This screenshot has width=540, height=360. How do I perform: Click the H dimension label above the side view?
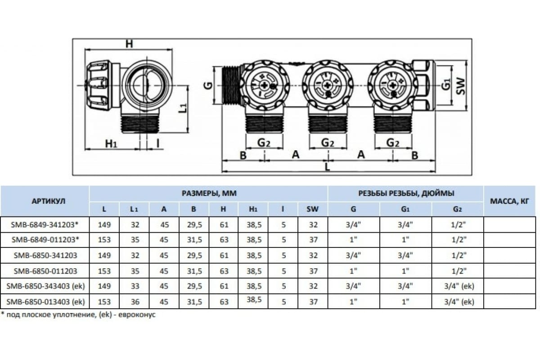pos(129,44)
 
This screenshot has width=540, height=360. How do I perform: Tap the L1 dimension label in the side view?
pos(184,108)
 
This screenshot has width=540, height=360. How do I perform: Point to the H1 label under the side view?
pos(111,144)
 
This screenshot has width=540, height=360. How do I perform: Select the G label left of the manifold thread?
pos(209,85)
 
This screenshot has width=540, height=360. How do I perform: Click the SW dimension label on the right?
pos(461,86)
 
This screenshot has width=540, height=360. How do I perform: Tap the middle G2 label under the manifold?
pos(328,143)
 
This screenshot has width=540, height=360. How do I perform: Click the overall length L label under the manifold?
pos(327,167)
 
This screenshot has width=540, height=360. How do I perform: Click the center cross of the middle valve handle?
pos(328,85)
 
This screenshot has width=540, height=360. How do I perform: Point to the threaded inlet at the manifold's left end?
pos(231,85)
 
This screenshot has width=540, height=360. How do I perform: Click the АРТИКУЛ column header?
pos(49,201)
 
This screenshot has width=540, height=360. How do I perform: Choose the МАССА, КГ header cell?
pos(509,201)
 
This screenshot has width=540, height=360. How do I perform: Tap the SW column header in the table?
pos(312,209)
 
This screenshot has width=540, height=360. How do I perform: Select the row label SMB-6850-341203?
pos(45,255)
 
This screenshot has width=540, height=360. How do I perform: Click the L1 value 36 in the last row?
pos(135,301)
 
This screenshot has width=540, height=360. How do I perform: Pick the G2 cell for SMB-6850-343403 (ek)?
pos(459,286)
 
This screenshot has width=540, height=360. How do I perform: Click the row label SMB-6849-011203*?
pos(45,240)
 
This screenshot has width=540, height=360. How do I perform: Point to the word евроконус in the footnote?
pos(137,315)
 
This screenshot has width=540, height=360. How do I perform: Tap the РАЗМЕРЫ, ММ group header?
pos(209,193)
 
